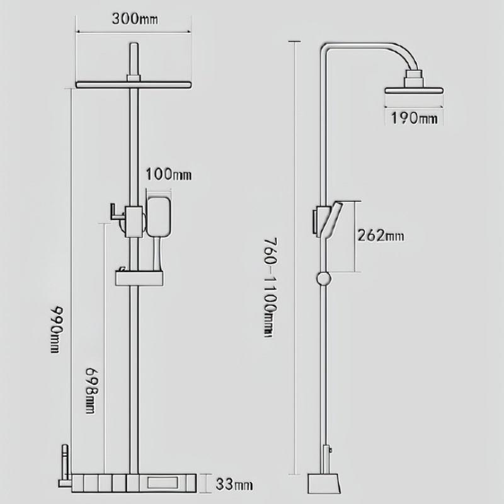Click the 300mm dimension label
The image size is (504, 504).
tap(135, 18)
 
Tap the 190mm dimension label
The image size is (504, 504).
tap(413, 118)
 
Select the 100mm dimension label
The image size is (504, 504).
tap(168, 175)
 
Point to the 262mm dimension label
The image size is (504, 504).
tap(380, 236)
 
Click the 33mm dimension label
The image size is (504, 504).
tap(234, 484)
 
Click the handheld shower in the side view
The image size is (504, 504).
tap(333, 220)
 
